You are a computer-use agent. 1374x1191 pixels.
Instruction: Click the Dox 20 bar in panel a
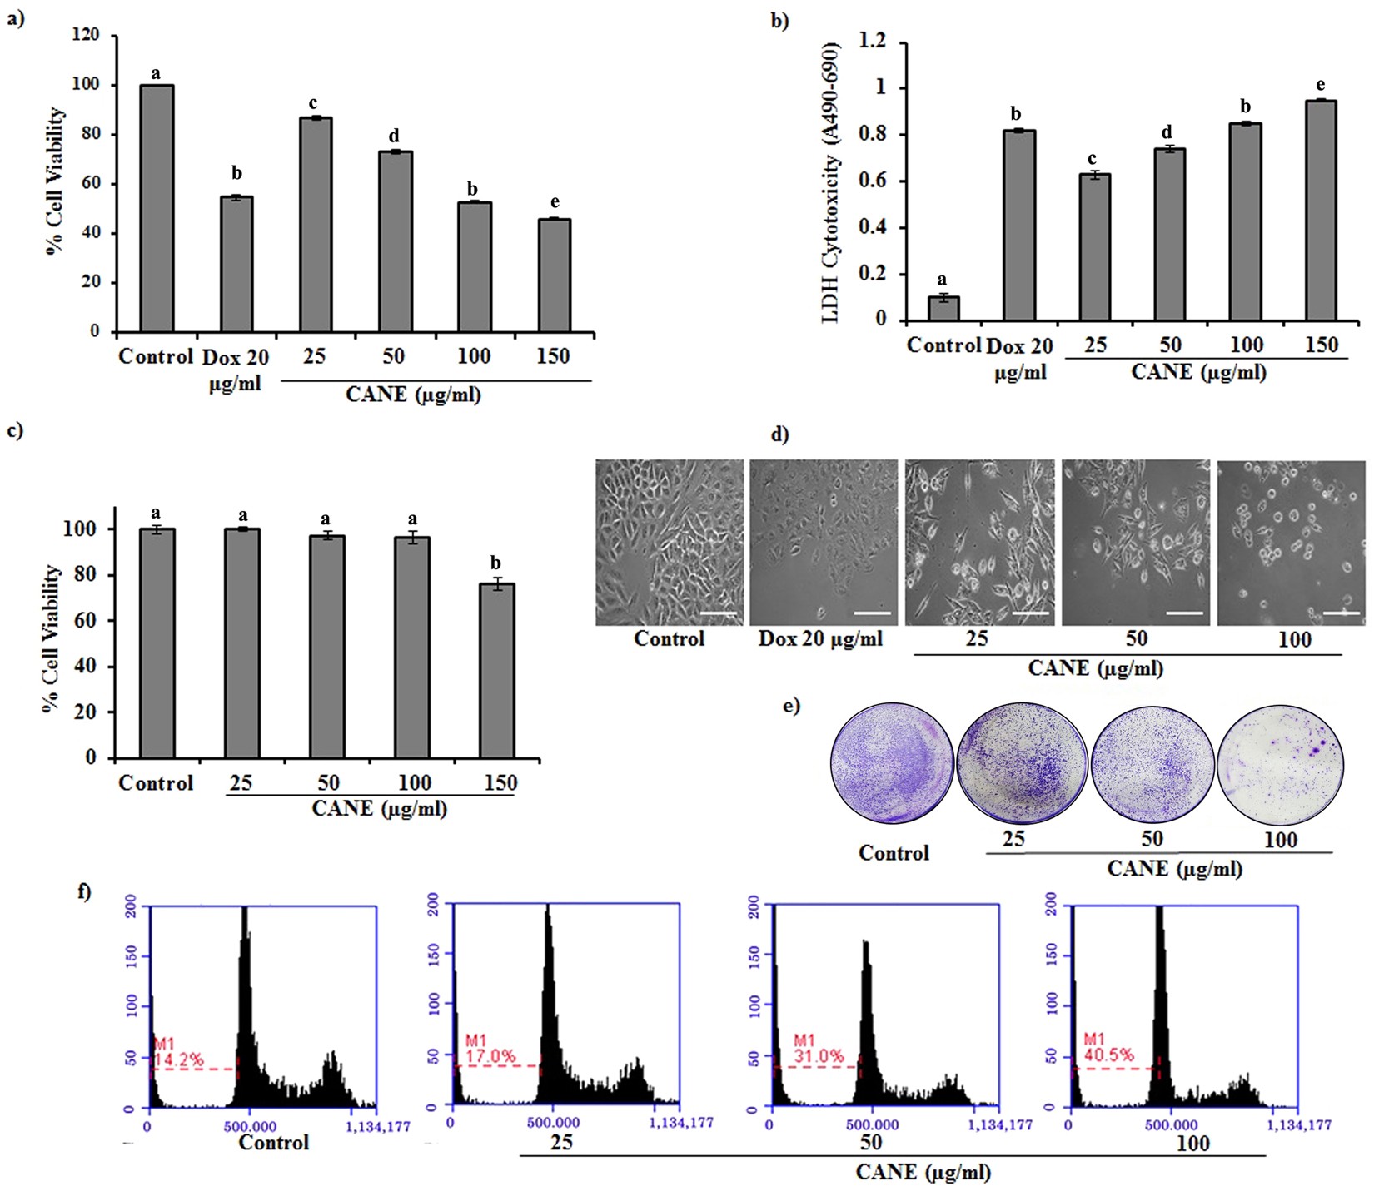click(x=236, y=264)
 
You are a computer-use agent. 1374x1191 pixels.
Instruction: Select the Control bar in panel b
click(x=943, y=308)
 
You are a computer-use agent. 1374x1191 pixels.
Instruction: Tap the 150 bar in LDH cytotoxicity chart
click(x=1321, y=210)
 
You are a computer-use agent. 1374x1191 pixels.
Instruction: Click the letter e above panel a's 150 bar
click(x=555, y=203)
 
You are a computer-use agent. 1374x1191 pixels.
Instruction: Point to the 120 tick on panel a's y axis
click(x=86, y=36)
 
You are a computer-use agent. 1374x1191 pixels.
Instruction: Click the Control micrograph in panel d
click(x=670, y=543)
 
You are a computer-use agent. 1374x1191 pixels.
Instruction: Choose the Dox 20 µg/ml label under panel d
click(x=820, y=639)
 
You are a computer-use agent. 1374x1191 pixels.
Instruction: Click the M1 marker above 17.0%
click(x=475, y=1040)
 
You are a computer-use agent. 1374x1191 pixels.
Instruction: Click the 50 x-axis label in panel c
click(x=328, y=783)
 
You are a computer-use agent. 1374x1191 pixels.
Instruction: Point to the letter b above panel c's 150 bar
click(x=496, y=563)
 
